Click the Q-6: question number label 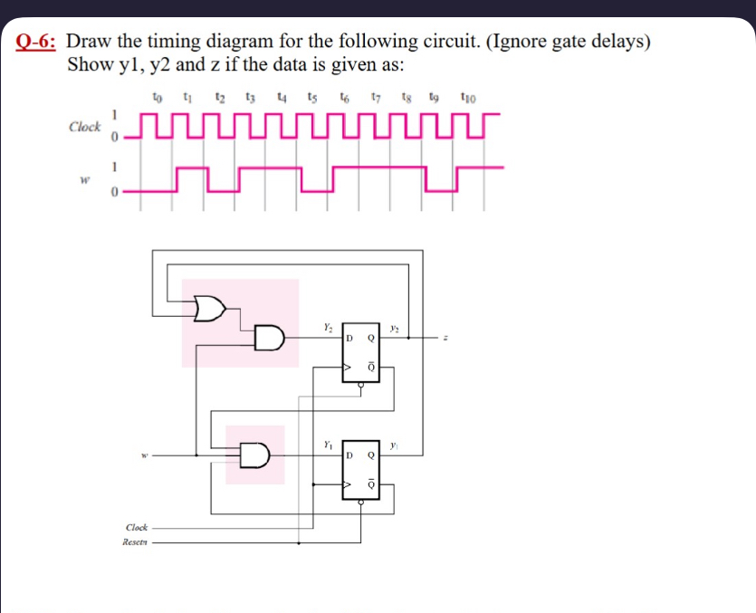(39, 42)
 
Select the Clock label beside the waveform (85, 127)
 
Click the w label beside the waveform (84, 178)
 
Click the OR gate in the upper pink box (211, 308)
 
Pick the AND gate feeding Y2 (270, 339)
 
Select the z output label (445, 339)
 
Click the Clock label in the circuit (137, 527)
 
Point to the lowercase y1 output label (394, 444)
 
